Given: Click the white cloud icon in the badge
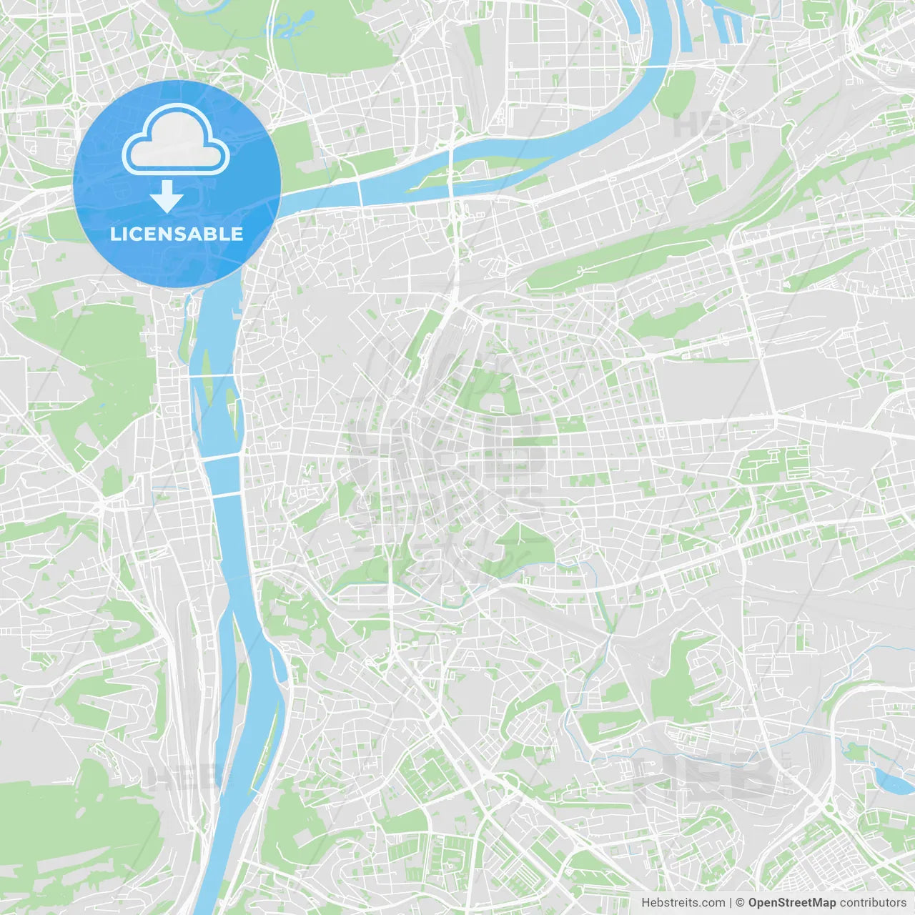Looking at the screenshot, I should pyautogui.click(x=176, y=139).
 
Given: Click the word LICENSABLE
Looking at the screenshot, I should pyautogui.click(x=177, y=234).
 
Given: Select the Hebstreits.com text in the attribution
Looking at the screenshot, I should pyautogui.click(x=683, y=903).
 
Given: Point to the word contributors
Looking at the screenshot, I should pyautogui.click(x=873, y=903).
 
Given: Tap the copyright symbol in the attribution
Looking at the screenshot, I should pyautogui.click(x=740, y=903).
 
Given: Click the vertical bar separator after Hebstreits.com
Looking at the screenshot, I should pyautogui.click(x=731, y=903).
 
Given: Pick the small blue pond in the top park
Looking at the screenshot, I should pyautogui.click(x=286, y=29).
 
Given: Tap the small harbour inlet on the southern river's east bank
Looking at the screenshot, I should pyautogui.click(x=282, y=668).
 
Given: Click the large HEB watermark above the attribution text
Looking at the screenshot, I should pyautogui.click(x=704, y=776).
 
